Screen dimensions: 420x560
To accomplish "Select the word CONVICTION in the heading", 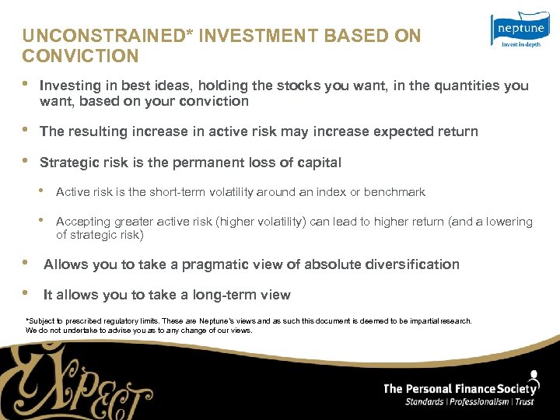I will click(x=80, y=56).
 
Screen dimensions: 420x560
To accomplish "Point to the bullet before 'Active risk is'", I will click(x=44, y=191).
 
